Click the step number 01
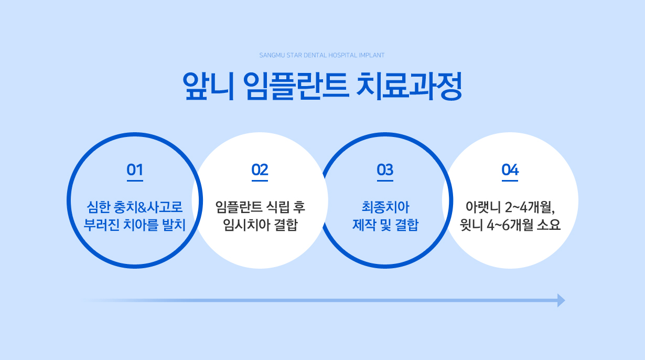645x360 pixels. (x=135, y=170)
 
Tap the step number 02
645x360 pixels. (x=260, y=170)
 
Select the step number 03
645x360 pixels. (x=385, y=170)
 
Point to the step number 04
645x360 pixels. (x=510, y=170)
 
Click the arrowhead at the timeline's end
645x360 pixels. (x=561, y=300)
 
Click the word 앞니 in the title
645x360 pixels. (x=208, y=86)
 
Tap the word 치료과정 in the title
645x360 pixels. (x=409, y=86)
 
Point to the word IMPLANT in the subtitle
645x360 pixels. (x=371, y=55)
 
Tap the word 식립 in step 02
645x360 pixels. (x=277, y=207)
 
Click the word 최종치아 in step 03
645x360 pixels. (x=385, y=207)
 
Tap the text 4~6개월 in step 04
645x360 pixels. (x=510, y=225)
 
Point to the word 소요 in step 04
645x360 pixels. (x=549, y=225)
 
